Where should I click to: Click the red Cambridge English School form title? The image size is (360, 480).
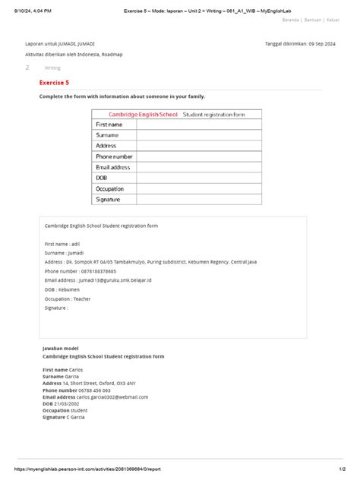click(143, 114)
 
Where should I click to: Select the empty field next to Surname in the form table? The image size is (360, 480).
click(199, 134)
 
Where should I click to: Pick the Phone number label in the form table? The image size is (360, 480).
click(114, 156)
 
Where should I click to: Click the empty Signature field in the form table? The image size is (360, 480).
click(199, 199)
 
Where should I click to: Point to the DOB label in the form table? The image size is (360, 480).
click(102, 178)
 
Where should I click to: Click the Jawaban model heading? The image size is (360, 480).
click(59, 347)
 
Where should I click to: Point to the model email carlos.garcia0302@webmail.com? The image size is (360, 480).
click(112, 396)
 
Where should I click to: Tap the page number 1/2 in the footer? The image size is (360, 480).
click(342, 470)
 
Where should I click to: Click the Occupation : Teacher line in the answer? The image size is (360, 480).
click(68, 298)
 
